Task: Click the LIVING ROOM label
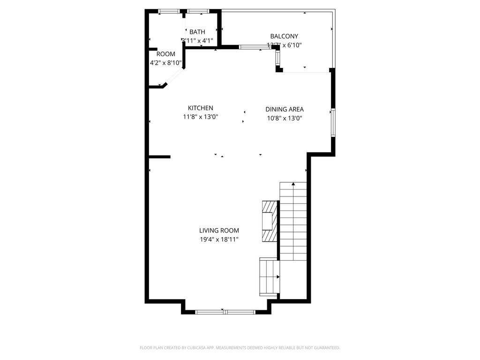point(219,230)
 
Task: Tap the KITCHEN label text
point(201,108)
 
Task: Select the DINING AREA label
point(285,109)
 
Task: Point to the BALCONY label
point(284,36)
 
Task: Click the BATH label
point(197,32)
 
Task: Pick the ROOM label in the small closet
point(165,54)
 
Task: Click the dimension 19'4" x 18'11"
point(219,239)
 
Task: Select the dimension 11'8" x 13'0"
point(201,117)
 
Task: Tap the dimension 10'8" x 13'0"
point(285,118)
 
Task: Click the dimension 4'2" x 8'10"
point(165,63)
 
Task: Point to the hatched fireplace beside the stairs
point(270,221)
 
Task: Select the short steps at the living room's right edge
point(269,277)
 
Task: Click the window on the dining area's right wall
point(333,122)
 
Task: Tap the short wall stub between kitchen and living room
point(159,157)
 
